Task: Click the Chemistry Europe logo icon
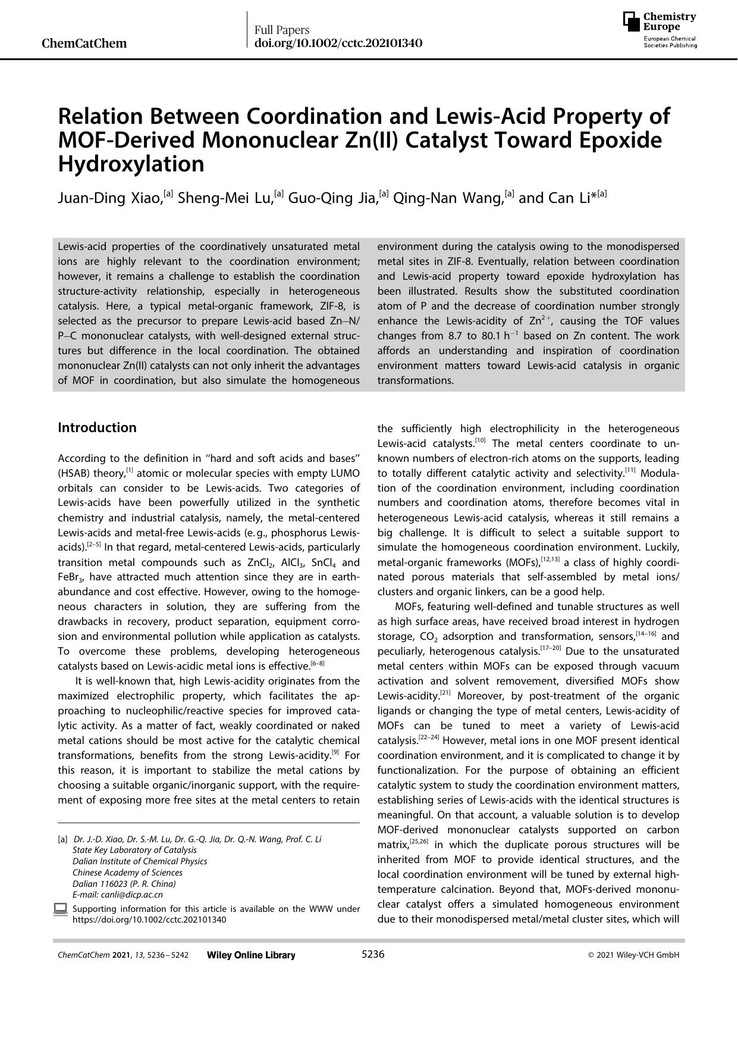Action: click(632, 22)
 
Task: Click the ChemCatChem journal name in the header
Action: click(84, 43)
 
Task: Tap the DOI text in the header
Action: click(338, 43)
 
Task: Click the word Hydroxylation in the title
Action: click(131, 164)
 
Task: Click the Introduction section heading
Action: click(97, 427)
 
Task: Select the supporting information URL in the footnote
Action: click(149, 920)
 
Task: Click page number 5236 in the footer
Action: click(373, 955)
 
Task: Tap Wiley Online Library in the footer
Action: click(251, 955)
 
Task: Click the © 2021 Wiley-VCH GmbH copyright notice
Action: click(633, 955)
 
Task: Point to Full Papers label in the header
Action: click(281, 30)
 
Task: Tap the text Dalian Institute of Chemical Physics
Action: click(140, 861)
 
